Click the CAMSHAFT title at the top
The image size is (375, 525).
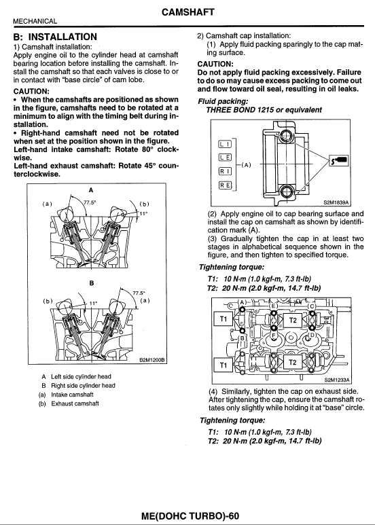[187, 12]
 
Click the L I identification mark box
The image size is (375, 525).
[224, 143]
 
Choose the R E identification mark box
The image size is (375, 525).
[224, 185]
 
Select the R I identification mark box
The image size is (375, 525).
[224, 171]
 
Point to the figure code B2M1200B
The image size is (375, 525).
[152, 360]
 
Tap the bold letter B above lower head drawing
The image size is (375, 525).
[91, 282]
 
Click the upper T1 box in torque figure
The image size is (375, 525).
[221, 319]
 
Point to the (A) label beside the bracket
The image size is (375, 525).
[247, 164]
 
